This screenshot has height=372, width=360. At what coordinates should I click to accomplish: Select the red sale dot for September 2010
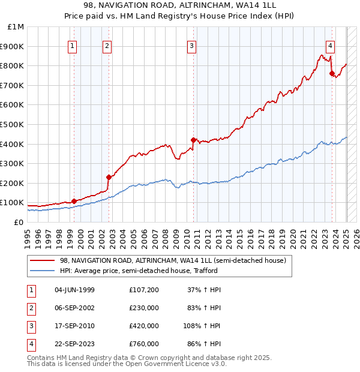tap(193, 140)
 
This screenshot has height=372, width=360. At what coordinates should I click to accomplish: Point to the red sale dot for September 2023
tap(332, 73)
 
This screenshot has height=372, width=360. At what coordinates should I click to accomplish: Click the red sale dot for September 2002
tap(109, 177)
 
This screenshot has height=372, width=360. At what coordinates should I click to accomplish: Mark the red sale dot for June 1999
tap(74, 201)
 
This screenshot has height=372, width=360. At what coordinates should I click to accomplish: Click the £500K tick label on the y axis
tap(12, 124)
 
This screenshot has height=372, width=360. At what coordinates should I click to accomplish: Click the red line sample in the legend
tap(42, 261)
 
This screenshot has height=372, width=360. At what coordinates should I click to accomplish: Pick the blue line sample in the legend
tap(42, 271)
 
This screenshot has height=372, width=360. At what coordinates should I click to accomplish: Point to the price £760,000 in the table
tap(143, 344)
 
